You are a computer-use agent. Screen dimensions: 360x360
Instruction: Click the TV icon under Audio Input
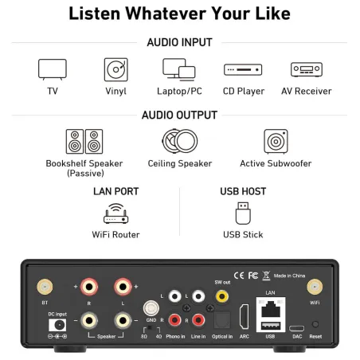point(53,69)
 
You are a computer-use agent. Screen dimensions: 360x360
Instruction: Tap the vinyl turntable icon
point(116,69)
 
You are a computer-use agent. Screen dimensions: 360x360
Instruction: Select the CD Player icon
point(243,70)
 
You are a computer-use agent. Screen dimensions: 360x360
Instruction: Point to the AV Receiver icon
point(307,69)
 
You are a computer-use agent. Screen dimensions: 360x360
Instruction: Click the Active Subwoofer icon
point(276,141)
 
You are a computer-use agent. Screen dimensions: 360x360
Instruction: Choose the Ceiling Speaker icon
point(180,141)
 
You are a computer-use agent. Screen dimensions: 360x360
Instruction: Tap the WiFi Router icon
point(116,213)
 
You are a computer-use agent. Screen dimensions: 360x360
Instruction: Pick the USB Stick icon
point(243,213)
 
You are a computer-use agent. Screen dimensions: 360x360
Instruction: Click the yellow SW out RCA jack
point(222,296)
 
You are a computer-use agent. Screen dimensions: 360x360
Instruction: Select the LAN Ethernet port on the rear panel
point(271,308)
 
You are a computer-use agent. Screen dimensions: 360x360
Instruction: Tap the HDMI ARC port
point(244,317)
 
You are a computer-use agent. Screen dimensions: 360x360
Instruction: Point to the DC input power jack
point(57,325)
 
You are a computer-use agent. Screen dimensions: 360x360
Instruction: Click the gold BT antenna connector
point(45,287)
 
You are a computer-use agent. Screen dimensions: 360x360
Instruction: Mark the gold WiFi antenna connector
point(315,287)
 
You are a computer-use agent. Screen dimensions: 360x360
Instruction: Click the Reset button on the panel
point(315,324)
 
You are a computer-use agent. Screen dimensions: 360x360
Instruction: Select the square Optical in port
point(222,320)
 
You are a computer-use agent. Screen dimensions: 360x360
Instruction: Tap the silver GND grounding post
point(151,308)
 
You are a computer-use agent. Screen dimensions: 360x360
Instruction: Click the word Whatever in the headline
point(166,14)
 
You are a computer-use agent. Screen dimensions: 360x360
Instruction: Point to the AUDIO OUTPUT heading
point(179,115)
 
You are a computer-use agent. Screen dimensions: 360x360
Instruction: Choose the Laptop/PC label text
point(179,91)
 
